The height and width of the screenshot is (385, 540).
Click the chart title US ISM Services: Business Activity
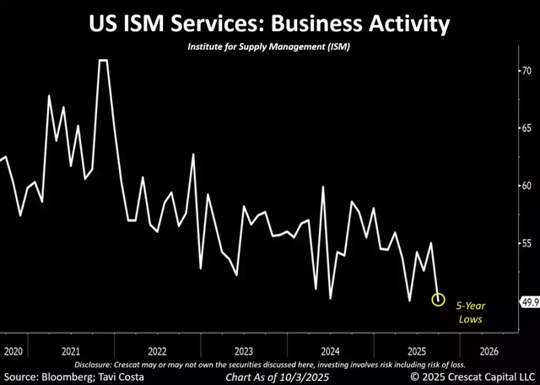tap(270, 24)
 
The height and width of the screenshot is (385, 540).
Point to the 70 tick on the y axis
tap(525, 71)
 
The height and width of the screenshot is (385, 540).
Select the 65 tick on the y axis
tap(525, 128)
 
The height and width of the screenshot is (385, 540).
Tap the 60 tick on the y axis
tap(525, 186)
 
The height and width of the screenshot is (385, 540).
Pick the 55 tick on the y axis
tap(525, 243)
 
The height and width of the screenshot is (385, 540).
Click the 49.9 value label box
tap(524, 301)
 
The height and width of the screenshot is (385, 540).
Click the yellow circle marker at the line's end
tap(439, 300)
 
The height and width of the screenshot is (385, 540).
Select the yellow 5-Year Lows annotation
tap(471, 312)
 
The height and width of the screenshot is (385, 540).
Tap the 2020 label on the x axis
tap(13, 350)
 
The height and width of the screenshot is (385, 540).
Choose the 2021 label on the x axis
tap(71, 350)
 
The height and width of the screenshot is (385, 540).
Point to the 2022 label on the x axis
tap(157, 350)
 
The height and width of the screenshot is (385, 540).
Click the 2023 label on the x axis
tap(244, 350)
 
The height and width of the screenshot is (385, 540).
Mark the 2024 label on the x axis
tap(330, 350)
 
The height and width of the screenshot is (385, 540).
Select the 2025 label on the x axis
tap(416, 350)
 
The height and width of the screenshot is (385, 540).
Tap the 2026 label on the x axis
tap(489, 350)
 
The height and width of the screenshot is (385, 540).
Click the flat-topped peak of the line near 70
tap(104, 61)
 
